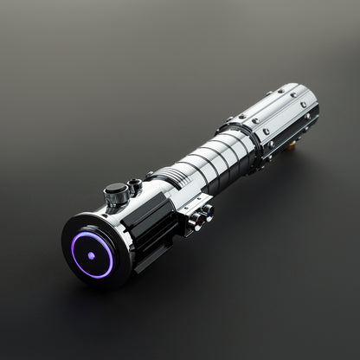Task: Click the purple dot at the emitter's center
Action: (91, 255)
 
